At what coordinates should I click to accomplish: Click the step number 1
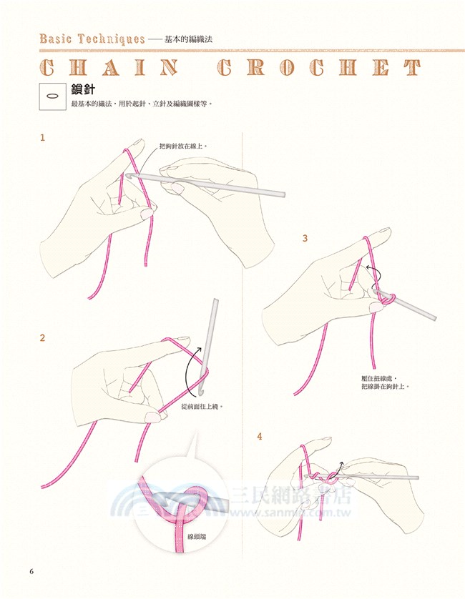42,137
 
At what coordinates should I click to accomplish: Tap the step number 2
42,337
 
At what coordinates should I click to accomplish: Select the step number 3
305,238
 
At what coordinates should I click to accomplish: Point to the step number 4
260,436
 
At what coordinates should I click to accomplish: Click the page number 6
31,572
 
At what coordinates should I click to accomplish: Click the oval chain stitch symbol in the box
52,96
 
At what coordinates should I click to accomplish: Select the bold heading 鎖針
82,89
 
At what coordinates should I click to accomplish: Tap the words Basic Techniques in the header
92,39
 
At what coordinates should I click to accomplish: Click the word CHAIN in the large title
109,68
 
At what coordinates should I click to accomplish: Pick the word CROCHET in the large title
319,68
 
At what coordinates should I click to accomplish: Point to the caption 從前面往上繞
202,407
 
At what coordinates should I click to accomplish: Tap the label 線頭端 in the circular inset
197,536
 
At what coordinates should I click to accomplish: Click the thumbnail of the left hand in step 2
154,417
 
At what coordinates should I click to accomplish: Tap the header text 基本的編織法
188,39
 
